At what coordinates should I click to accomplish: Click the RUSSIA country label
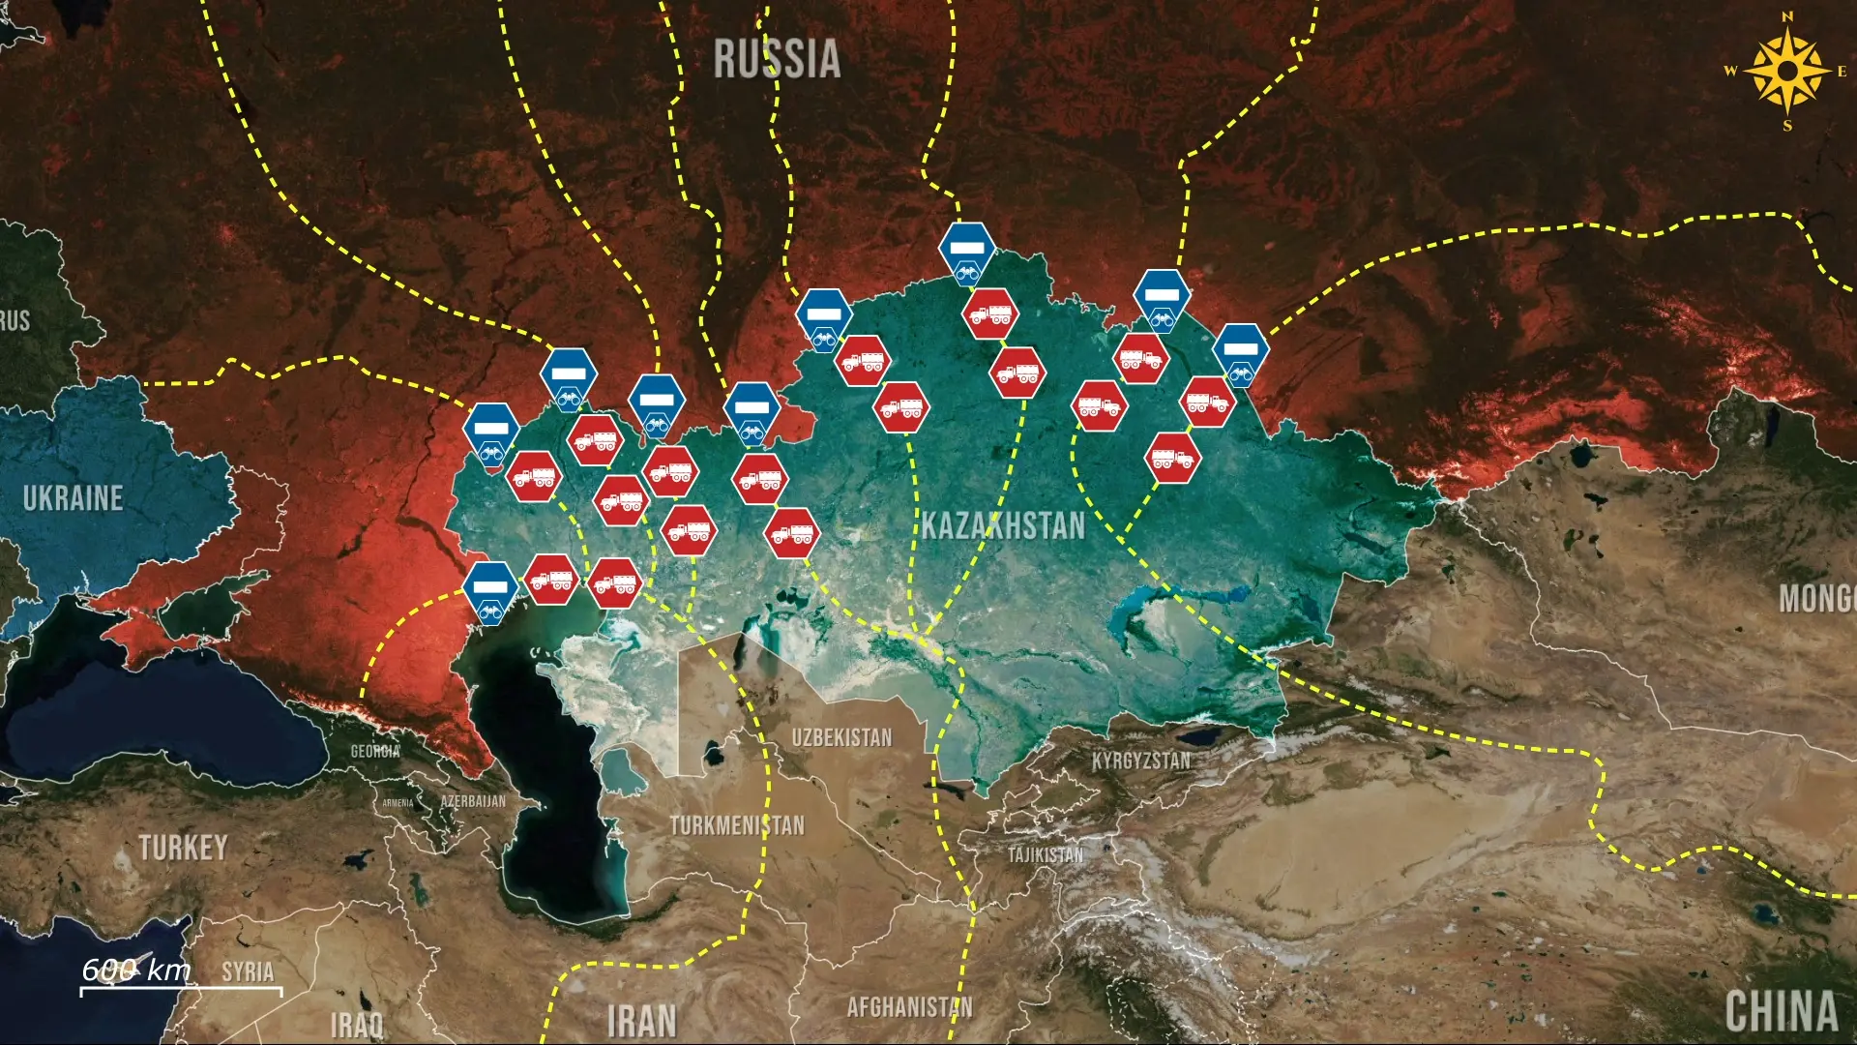click(777, 59)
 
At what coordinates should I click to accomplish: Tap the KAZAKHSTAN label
click(1003, 525)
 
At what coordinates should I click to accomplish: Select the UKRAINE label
click(74, 498)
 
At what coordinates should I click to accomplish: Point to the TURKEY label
click(183, 848)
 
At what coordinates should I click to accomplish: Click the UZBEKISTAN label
click(841, 737)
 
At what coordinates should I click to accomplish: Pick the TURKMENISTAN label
click(737, 825)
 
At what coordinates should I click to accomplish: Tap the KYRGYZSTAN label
click(1141, 761)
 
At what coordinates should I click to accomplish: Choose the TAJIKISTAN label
click(1046, 854)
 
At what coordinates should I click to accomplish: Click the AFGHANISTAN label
click(909, 1007)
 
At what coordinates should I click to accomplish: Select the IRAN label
click(641, 1022)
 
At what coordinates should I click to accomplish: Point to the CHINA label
click(1782, 1012)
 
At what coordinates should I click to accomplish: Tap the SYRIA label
click(248, 971)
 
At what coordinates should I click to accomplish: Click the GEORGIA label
click(375, 751)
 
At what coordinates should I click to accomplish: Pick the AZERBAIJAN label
click(473, 801)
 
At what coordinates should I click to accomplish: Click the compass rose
click(1787, 71)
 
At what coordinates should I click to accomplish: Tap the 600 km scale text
click(136, 970)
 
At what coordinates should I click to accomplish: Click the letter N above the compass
click(1787, 16)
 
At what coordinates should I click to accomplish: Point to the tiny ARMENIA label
click(398, 803)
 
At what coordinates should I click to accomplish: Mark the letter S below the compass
click(1787, 126)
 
